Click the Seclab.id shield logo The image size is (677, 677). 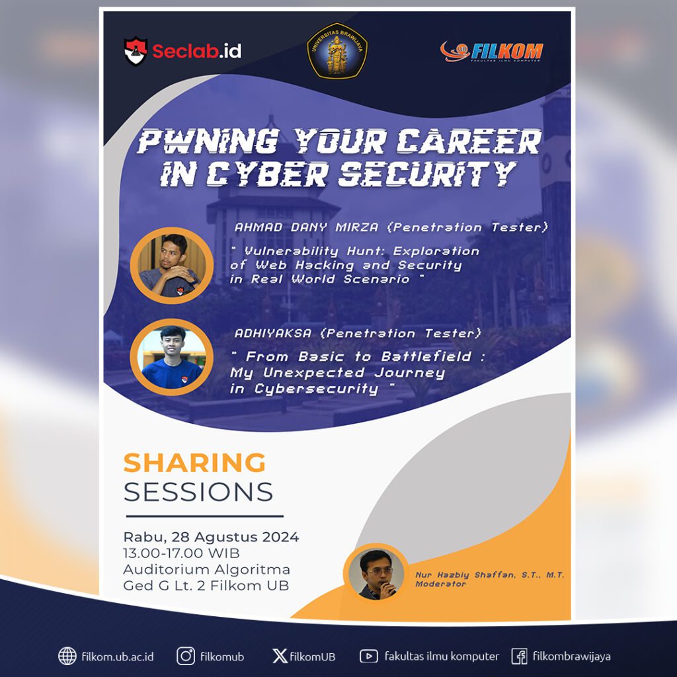pyautogui.click(x=135, y=51)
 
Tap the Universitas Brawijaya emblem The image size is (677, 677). pyautogui.click(x=337, y=50)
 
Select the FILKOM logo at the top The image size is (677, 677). pyautogui.click(x=492, y=52)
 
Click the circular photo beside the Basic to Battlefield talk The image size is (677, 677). pyautogui.click(x=171, y=357)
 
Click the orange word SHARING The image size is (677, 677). pyautogui.click(x=195, y=463)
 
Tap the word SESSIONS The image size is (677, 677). pyautogui.click(x=198, y=492)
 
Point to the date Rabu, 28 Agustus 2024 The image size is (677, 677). pyautogui.click(x=211, y=537)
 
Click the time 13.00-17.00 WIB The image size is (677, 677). pyautogui.click(x=182, y=553)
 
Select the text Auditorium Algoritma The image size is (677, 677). pyautogui.click(x=206, y=569)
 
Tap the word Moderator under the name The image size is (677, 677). pyautogui.click(x=441, y=584)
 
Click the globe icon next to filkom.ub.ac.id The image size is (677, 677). pyautogui.click(x=67, y=656)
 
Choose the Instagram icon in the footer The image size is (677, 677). pyautogui.click(x=186, y=656)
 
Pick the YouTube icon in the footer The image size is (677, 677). pyautogui.click(x=368, y=656)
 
